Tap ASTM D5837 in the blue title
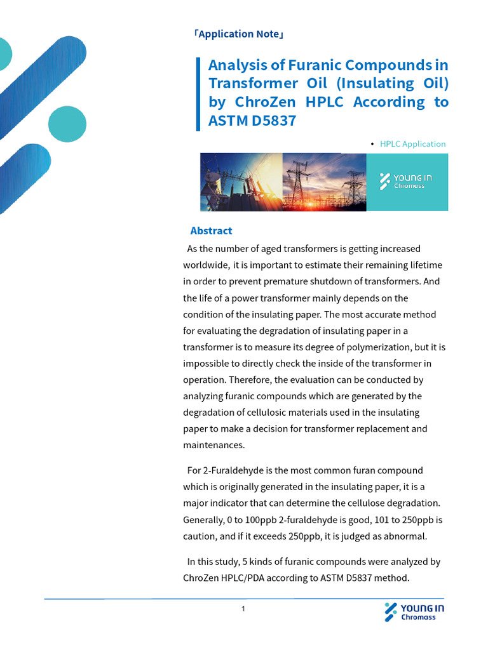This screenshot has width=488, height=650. coord(252,120)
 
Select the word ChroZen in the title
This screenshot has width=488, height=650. coord(267,102)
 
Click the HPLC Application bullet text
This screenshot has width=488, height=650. coord(412,144)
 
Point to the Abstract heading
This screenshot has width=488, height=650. coord(211,231)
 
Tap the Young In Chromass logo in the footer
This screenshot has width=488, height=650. coord(414,612)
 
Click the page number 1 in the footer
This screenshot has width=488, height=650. coord(243,609)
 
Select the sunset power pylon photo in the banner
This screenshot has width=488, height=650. coord(324,182)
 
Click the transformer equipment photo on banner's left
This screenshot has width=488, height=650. coord(241,182)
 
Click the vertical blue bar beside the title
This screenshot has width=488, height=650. coord(198,93)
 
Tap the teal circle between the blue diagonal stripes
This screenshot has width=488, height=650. coord(67,124)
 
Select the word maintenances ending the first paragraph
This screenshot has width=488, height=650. coord(213,446)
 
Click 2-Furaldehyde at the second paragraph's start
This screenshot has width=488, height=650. coord(230,470)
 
